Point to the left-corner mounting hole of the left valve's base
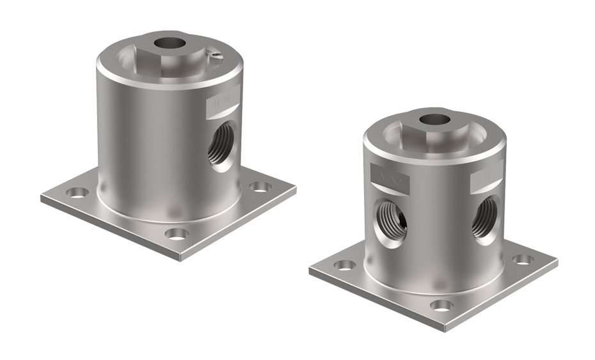tap(77, 192)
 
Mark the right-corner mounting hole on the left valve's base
tap(258, 186)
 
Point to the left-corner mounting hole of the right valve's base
tap(345, 265)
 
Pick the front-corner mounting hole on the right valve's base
tap(439, 306)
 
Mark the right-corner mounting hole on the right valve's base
tap(523, 259)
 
